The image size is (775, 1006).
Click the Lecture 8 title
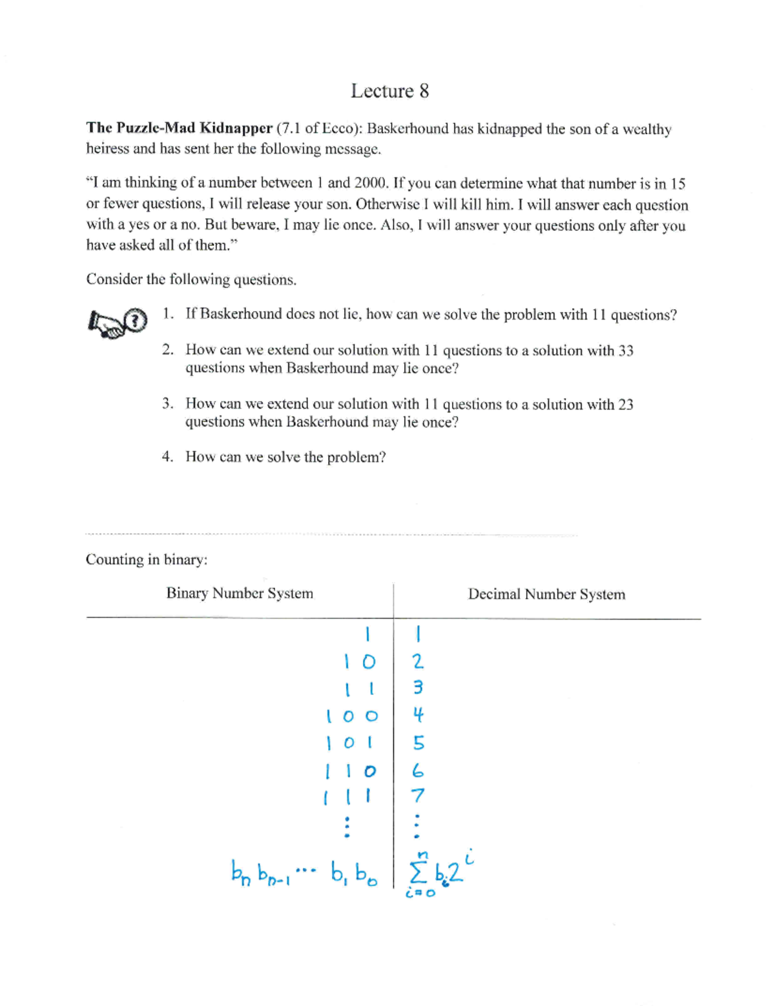(389, 91)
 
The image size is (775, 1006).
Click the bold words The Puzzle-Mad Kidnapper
(179, 128)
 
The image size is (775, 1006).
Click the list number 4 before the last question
(167, 457)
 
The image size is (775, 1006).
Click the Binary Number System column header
(240, 593)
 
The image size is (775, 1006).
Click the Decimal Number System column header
(546, 594)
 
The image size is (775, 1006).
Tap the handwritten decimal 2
(418, 661)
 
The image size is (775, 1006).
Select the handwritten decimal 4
(418, 715)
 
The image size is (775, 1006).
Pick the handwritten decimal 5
(418, 743)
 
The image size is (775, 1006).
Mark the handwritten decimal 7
(418, 796)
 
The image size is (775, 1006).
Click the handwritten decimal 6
(418, 770)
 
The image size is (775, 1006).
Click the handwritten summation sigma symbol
(418, 874)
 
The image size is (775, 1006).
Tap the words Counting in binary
(147, 559)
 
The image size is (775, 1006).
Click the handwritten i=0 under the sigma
(420, 894)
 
